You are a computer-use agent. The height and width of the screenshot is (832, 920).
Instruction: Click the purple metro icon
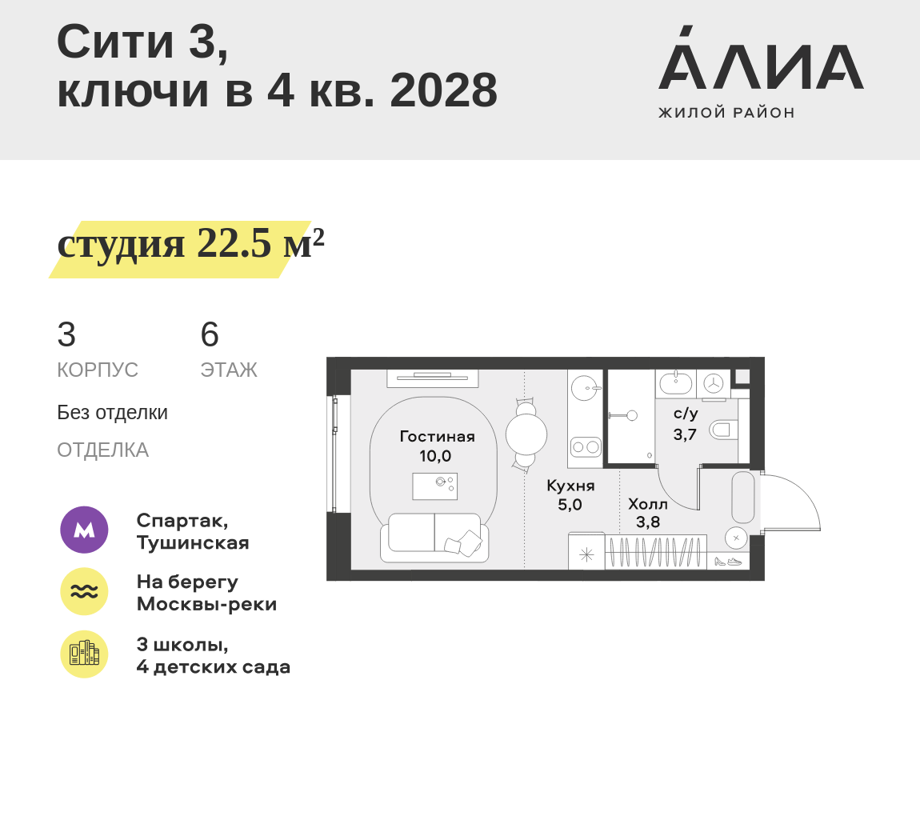tap(84, 530)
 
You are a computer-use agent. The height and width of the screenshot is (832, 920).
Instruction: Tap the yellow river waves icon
tap(84, 591)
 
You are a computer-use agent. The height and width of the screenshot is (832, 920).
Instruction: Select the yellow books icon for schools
tap(84, 654)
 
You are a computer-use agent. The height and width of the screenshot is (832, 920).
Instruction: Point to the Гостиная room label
tap(437, 437)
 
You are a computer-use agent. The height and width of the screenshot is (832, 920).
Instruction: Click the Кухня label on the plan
tap(570, 486)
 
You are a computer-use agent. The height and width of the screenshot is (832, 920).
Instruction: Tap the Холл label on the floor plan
tap(648, 504)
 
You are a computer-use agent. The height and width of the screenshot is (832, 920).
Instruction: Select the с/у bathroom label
tap(686, 414)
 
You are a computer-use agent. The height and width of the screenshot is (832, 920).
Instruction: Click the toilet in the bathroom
tap(723, 430)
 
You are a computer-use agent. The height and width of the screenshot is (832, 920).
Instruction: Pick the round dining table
tap(526, 434)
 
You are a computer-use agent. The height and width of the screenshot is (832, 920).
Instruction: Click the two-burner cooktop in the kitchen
tap(586, 446)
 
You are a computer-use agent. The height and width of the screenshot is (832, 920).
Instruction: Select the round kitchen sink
tap(586, 388)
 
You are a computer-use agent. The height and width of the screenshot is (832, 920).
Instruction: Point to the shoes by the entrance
tap(728, 562)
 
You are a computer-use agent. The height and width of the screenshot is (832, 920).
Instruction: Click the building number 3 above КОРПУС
tap(66, 335)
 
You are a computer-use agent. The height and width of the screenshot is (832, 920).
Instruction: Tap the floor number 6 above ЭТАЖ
tap(210, 335)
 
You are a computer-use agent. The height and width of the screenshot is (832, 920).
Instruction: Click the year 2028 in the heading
tap(443, 90)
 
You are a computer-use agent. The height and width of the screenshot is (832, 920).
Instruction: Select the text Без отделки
tap(113, 413)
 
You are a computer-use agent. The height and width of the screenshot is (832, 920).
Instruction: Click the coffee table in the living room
tap(434, 486)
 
